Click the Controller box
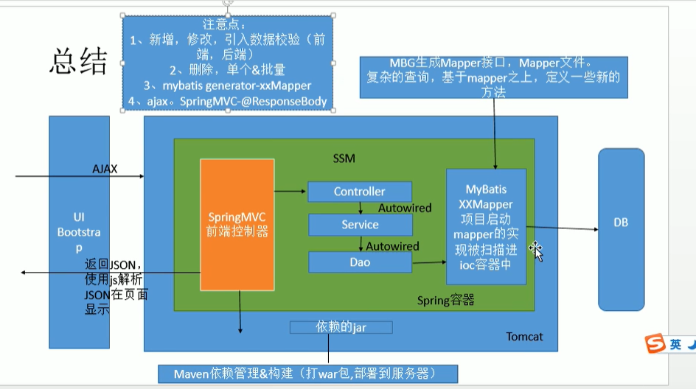coord(359,192)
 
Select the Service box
coord(359,225)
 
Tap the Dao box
coord(359,262)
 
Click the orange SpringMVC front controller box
coord(237,225)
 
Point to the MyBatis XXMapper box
coord(485,225)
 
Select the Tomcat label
coord(524,337)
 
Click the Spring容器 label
coord(445,300)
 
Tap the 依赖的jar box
coord(341,326)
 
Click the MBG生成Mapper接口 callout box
coord(493,76)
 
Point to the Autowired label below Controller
coord(405,208)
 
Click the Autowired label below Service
coord(392,246)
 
